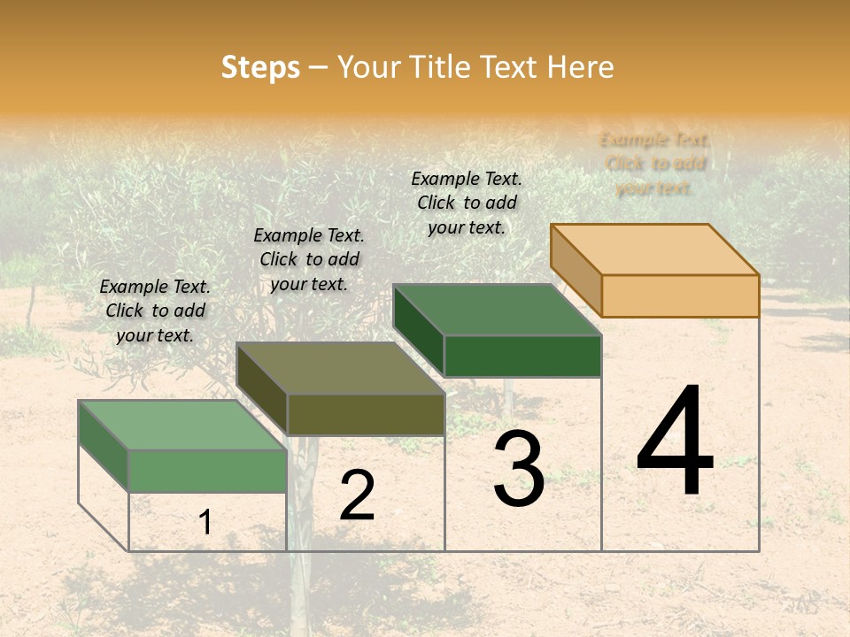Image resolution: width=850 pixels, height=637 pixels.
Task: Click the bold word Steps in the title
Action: pyautogui.click(x=260, y=67)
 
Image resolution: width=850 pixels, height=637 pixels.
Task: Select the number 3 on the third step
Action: pyautogui.click(x=519, y=469)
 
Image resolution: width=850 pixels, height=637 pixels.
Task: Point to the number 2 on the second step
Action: pyautogui.click(x=357, y=495)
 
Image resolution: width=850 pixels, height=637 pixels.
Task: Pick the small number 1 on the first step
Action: pyautogui.click(x=205, y=523)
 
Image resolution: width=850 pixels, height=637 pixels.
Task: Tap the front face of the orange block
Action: pyautogui.click(x=680, y=295)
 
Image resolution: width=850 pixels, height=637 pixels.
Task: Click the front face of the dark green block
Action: pyautogui.click(x=522, y=356)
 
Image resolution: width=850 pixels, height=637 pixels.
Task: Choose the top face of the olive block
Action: pyautogui.click(x=340, y=368)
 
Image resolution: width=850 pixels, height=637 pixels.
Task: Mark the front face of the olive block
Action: pyautogui.click(x=366, y=414)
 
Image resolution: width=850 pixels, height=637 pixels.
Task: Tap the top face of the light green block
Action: pyautogui.click(x=182, y=426)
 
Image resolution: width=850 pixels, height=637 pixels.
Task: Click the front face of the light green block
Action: pyautogui.click(x=207, y=471)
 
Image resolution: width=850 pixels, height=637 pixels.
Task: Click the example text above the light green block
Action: pyautogui.click(x=155, y=311)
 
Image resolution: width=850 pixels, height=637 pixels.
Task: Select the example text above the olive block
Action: pyautogui.click(x=309, y=259)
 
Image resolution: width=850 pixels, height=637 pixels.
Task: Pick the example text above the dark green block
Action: pyautogui.click(x=467, y=203)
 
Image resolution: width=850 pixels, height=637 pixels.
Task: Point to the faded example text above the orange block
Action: pyautogui.click(x=654, y=164)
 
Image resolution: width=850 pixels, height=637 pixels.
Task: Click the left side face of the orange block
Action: pyautogui.click(x=576, y=269)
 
